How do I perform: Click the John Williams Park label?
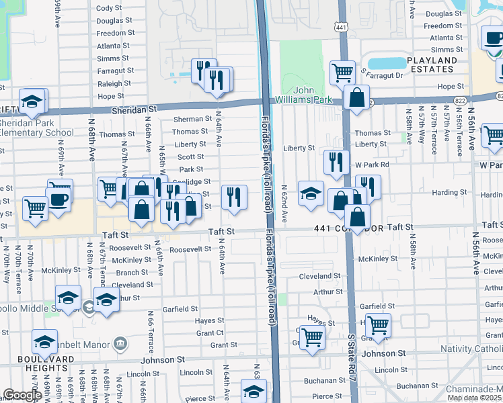pos(313,94)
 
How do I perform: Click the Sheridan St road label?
pos(134,108)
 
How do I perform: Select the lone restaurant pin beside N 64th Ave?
pos(233,196)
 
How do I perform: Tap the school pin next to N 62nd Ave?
pos(310,193)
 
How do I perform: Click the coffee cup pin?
pos(59,199)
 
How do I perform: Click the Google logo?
pos(22,395)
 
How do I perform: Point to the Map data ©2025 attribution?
pos(473,398)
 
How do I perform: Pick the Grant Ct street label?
pos(210,333)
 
